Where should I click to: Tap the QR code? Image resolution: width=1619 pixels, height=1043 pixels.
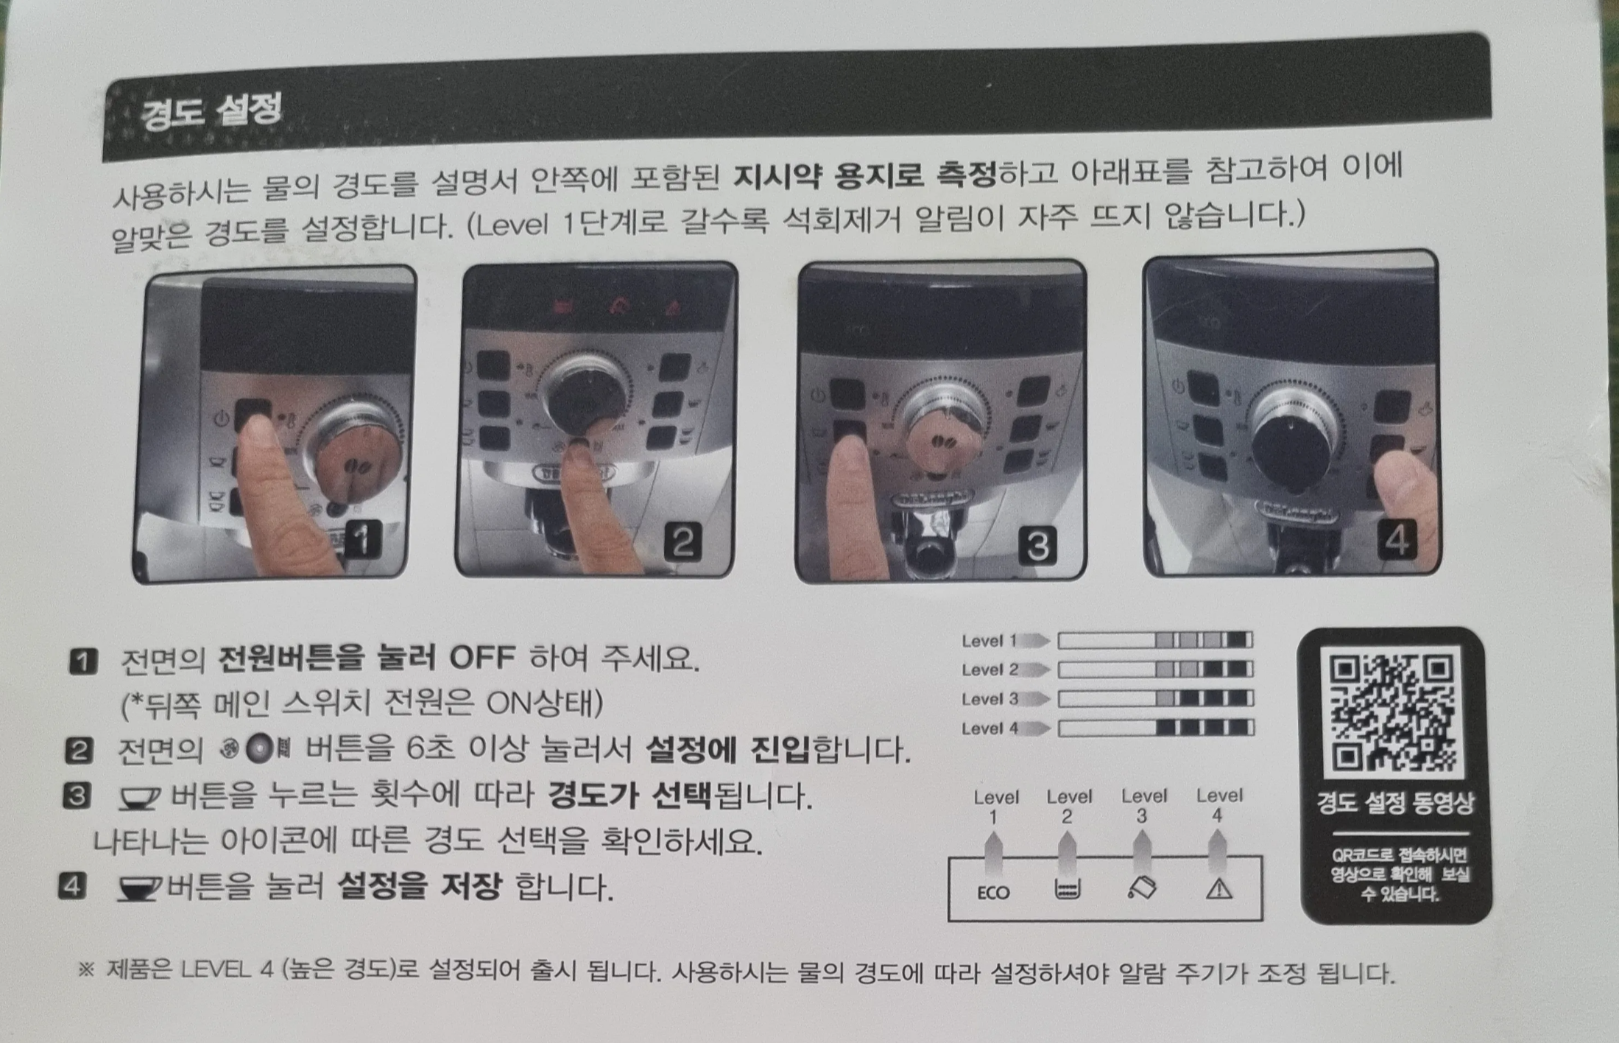1392,712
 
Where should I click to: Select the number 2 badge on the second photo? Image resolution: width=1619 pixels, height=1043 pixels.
682,543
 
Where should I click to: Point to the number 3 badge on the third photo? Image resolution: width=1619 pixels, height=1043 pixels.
1037,546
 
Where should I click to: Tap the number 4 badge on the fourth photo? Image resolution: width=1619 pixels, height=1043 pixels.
1397,540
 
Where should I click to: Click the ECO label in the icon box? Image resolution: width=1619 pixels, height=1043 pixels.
992,893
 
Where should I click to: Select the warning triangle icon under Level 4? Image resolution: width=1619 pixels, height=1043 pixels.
1218,890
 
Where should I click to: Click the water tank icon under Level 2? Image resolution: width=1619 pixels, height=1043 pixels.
1067,890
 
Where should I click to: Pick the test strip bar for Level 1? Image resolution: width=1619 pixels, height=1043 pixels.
1155,640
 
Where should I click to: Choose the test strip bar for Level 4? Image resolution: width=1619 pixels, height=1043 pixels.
1155,728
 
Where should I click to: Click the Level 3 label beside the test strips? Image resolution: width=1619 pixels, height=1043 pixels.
990,699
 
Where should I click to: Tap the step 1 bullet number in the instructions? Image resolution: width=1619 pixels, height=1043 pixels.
82,661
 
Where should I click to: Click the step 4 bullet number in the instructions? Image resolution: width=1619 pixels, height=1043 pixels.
71,885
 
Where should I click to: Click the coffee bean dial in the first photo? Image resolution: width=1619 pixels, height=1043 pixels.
359,464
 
